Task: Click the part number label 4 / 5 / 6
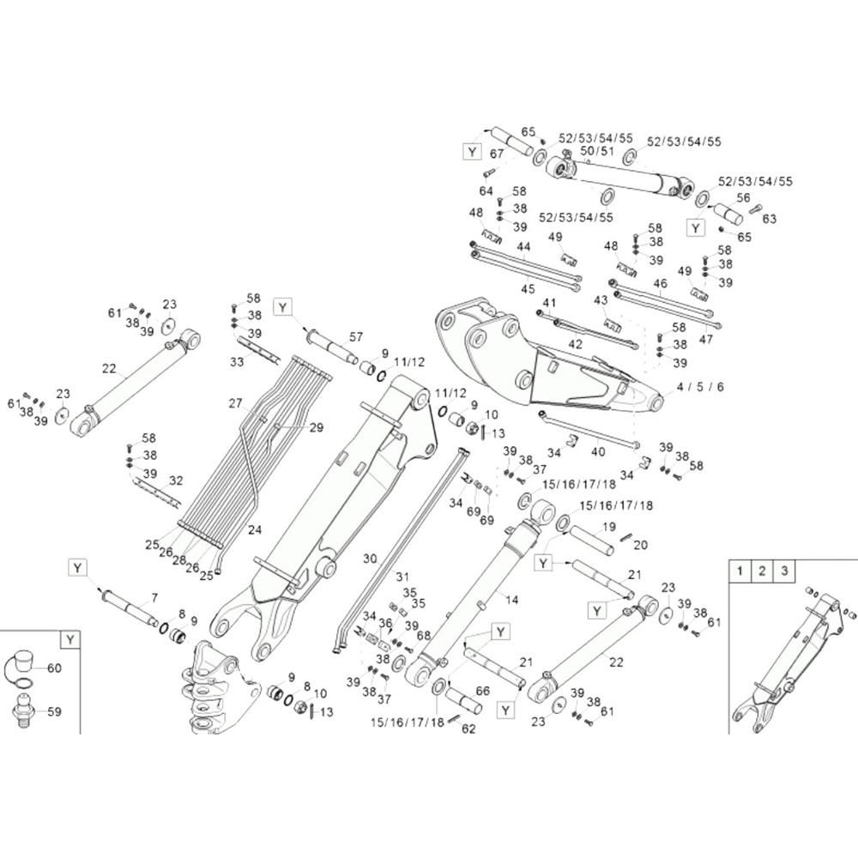tap(700, 387)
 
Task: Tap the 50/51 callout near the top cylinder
tap(597, 150)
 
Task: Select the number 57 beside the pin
tap(356, 336)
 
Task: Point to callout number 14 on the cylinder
tap(511, 600)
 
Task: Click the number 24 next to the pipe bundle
tap(255, 529)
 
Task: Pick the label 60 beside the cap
tap(55, 668)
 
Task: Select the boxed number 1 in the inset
tap(740, 571)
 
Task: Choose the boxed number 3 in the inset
tap(784, 571)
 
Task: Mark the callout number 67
tap(496, 154)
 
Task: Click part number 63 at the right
tap(770, 219)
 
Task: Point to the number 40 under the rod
tap(598, 451)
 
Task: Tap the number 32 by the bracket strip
tap(176, 480)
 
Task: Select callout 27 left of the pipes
tap(235, 403)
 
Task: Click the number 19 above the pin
tap(609, 527)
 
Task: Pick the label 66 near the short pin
tap(482, 691)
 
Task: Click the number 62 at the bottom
tap(469, 728)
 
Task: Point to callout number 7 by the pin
tap(154, 598)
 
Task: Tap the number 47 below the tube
tap(706, 339)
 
